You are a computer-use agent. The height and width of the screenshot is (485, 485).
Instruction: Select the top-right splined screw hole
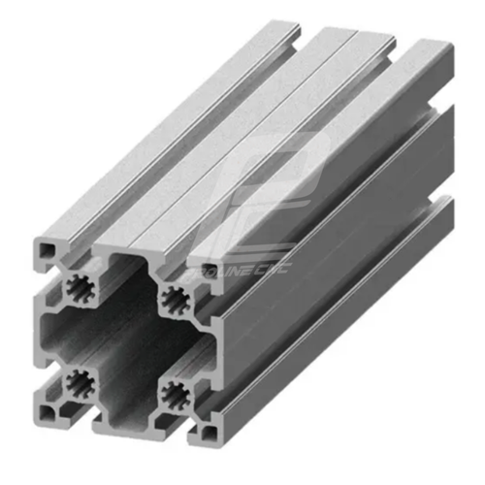175,298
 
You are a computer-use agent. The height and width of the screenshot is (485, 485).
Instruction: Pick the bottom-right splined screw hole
175,392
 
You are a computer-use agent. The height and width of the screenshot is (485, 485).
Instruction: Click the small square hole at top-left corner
47,250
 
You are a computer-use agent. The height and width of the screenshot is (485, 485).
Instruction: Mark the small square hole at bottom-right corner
208,428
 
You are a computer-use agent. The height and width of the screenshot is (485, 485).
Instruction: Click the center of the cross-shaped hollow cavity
126,339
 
